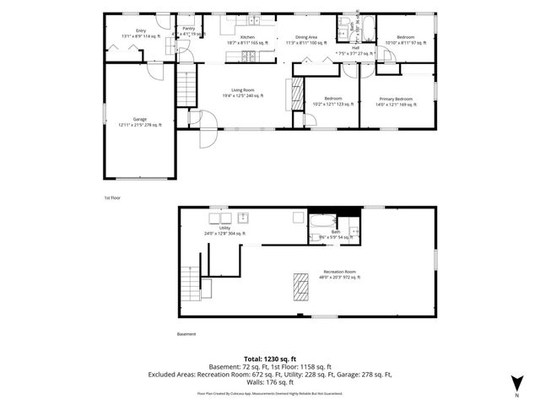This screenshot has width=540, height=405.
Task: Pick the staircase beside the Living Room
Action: click(186, 87)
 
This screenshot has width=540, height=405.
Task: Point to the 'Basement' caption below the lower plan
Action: click(186, 333)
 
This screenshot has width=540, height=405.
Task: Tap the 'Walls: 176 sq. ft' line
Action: click(269, 383)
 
